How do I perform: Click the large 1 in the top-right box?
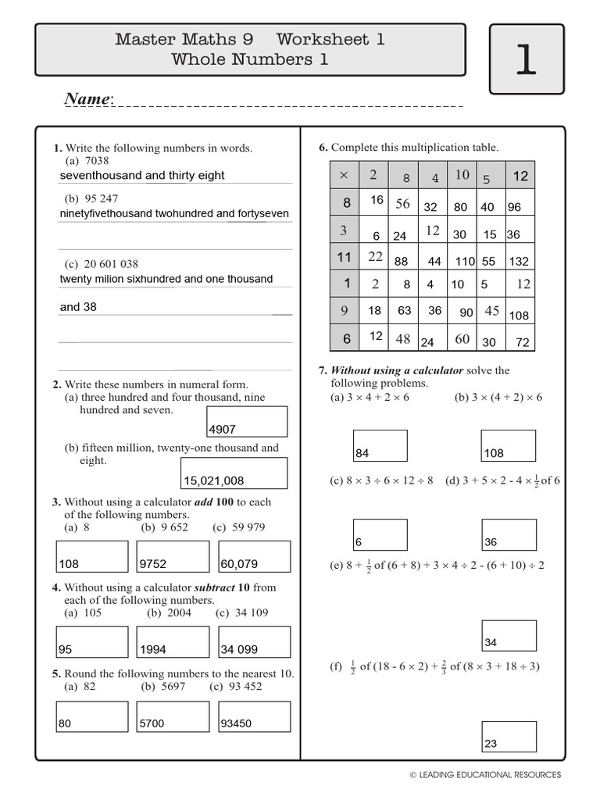(526, 59)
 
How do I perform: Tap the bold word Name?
(88, 99)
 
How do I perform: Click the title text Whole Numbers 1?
(250, 59)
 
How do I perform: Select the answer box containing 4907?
(247, 422)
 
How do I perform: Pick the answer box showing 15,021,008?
(234, 473)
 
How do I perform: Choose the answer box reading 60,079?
(254, 556)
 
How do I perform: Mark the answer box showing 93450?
(254, 716)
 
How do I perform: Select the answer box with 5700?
(173, 716)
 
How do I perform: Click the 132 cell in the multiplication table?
(518, 262)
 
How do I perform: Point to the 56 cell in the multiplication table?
(402, 204)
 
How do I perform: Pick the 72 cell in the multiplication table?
(522, 342)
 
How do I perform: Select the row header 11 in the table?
(344, 257)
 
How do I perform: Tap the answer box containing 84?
(380, 446)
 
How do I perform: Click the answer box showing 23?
(509, 737)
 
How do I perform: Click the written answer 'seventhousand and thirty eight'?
(142, 176)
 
